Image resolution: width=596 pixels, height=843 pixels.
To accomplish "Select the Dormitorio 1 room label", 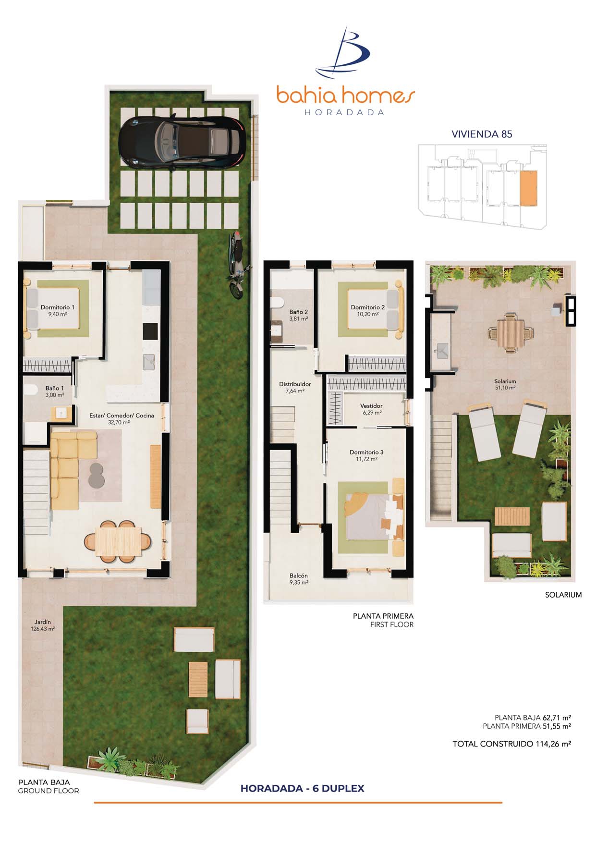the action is (x=58, y=310).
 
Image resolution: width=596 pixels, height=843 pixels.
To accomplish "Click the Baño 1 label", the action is (x=55, y=391).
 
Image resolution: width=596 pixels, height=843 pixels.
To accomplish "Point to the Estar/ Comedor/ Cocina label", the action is (x=122, y=419).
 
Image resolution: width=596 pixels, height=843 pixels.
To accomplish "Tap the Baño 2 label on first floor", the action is (x=299, y=315).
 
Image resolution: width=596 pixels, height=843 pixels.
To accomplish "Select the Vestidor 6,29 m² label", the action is (x=371, y=409).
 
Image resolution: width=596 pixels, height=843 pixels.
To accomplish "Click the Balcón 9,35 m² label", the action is (x=299, y=579).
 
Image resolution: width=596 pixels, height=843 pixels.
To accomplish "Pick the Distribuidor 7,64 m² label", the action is (x=295, y=387).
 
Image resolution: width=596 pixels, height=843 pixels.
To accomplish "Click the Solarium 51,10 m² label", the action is (x=505, y=384).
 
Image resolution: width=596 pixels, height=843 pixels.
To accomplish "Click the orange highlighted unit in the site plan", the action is (x=528, y=188).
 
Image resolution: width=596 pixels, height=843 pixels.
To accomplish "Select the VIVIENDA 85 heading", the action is (x=482, y=134).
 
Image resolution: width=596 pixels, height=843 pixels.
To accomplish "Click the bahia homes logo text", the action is (x=345, y=95).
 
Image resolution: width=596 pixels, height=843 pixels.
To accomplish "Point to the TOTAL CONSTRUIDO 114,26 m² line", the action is (x=511, y=744).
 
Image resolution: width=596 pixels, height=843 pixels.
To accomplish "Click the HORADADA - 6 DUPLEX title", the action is (x=303, y=788).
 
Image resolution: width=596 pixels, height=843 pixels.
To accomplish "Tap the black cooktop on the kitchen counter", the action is (x=150, y=331).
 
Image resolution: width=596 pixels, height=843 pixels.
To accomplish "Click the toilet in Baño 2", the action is (x=277, y=303).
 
